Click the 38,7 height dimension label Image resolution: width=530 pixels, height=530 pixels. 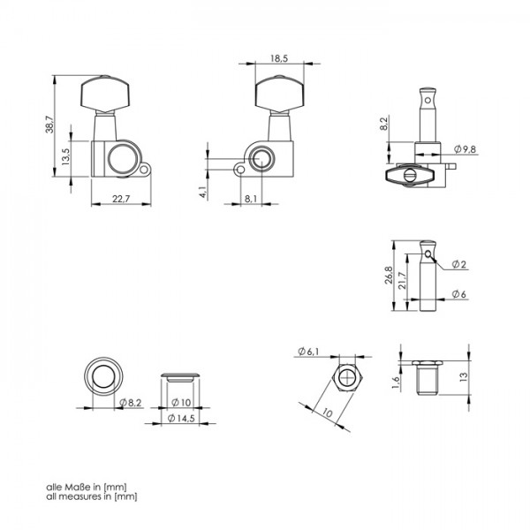click(49, 125)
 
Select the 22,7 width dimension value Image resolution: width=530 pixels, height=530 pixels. click(121, 199)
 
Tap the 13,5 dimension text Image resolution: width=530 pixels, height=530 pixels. click(65, 157)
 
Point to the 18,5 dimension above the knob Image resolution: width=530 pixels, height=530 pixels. click(279, 58)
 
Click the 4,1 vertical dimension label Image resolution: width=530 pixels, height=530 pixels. click(203, 192)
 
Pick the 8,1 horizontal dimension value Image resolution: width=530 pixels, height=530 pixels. click(251, 199)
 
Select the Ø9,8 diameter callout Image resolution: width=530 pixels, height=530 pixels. click(465, 149)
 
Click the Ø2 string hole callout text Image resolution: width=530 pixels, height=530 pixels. click(459, 264)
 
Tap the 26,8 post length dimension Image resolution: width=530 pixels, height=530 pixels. click(389, 275)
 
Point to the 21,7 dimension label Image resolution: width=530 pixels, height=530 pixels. click(402, 281)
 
